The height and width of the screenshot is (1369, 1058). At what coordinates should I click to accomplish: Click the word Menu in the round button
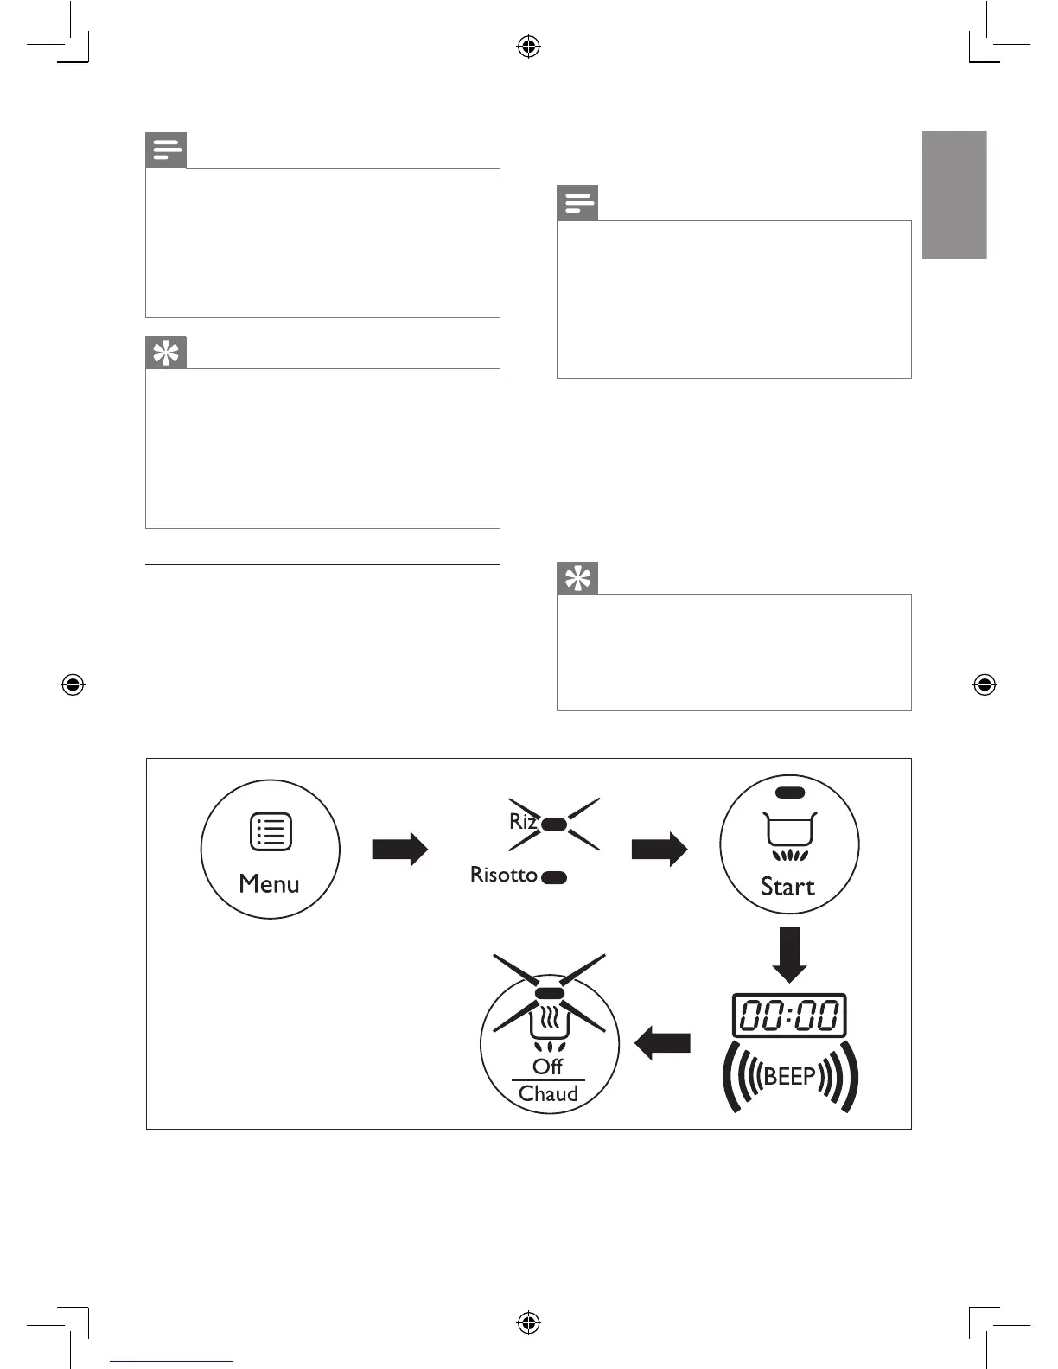point(269,884)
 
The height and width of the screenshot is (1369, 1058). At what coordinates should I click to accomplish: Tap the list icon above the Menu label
point(271,832)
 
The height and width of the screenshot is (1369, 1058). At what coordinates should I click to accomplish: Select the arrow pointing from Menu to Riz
point(399,849)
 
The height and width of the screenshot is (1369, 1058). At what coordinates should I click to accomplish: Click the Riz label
point(523,821)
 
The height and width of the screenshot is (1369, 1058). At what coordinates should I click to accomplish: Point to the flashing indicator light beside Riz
point(554,825)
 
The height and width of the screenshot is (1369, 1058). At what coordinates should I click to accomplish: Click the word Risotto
point(503,875)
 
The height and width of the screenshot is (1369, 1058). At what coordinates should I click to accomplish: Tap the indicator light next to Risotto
point(554,877)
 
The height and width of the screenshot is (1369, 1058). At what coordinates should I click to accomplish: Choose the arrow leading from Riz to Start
point(659,849)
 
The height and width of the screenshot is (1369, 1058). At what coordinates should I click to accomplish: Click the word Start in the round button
point(787,887)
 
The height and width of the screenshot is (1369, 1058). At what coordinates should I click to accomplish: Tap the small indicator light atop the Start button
point(790,792)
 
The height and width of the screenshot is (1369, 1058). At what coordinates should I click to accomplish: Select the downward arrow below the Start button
point(788,955)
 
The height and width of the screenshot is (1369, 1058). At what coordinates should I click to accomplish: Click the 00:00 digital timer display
point(789,1016)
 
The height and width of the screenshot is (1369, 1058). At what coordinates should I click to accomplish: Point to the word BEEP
point(789,1077)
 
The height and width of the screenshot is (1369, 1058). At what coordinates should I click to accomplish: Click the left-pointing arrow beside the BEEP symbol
point(663,1043)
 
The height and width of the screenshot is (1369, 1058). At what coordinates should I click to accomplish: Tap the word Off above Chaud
point(548,1067)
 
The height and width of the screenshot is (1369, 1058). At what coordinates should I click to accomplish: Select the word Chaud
point(548,1094)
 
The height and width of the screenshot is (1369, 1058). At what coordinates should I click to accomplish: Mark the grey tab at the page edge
point(954,195)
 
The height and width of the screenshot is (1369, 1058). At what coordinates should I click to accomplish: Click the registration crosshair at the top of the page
point(528,47)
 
